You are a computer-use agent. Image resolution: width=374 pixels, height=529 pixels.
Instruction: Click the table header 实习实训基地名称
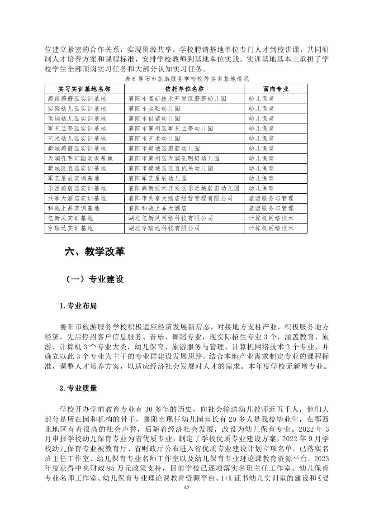84,88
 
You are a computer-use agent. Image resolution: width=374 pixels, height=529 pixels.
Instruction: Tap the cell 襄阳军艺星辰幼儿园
154,178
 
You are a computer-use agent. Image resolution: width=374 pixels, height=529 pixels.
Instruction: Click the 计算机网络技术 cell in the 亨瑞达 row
271,228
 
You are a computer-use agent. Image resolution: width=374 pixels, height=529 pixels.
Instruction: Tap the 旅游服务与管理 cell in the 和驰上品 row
271,208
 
